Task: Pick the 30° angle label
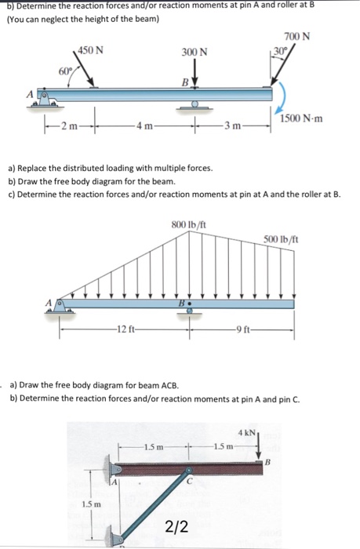tap(278, 51)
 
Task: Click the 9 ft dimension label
tap(240, 328)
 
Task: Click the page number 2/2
tap(176, 526)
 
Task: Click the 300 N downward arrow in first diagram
tap(194, 75)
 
